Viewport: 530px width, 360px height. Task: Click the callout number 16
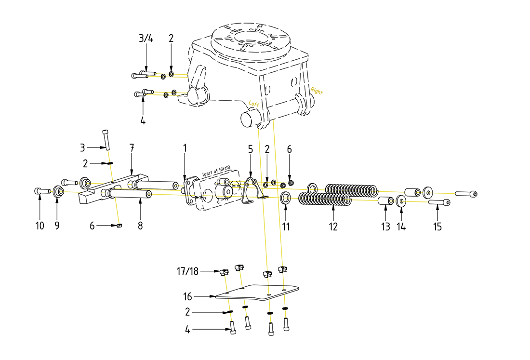pyautogui.click(x=188, y=296)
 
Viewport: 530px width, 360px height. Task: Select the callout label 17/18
pyautogui.click(x=187, y=272)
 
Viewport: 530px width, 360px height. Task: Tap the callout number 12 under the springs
pyautogui.click(x=333, y=226)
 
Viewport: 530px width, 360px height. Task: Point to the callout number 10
pyautogui.click(x=40, y=226)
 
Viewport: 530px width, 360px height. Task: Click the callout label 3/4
pyautogui.click(x=146, y=39)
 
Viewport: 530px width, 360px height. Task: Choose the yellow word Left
pyautogui.click(x=254, y=103)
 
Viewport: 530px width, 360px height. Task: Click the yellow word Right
pyautogui.click(x=317, y=91)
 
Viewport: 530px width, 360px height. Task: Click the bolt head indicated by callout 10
pyautogui.click(x=39, y=191)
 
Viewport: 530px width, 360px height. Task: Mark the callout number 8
pyautogui.click(x=140, y=226)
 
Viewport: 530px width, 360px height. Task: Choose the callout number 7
pyautogui.click(x=131, y=147)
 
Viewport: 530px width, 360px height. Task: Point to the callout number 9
pyautogui.click(x=57, y=226)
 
